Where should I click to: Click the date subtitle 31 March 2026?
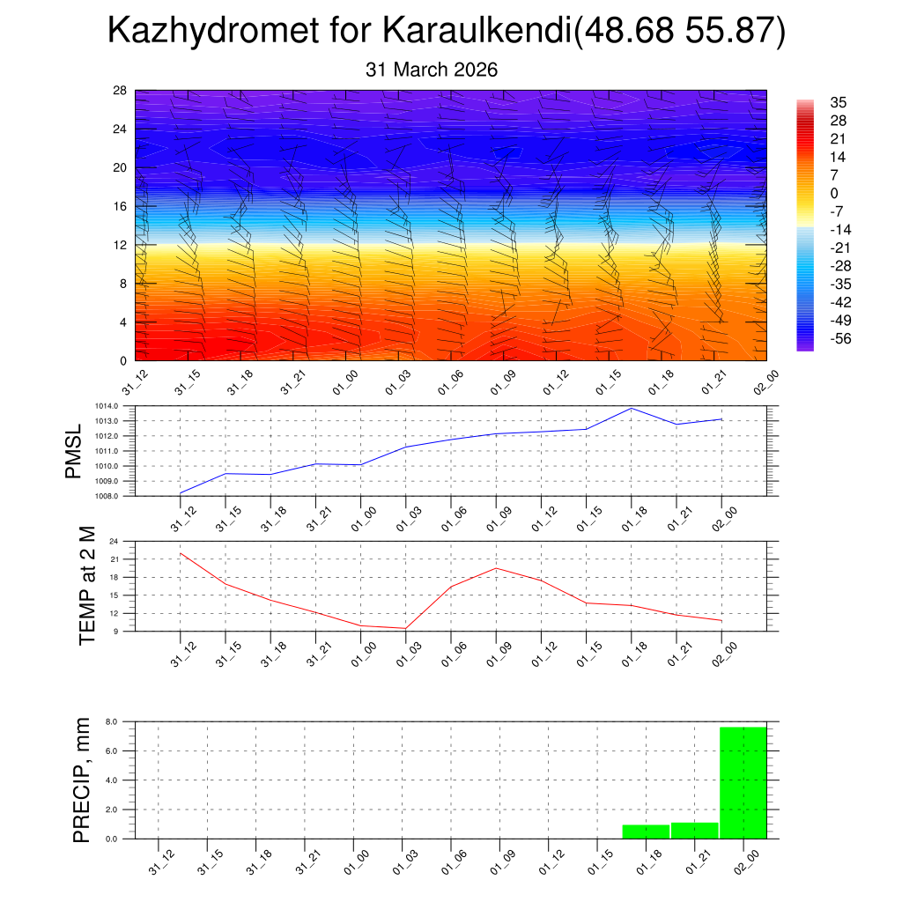click(432, 70)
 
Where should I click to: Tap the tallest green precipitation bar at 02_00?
click(743, 782)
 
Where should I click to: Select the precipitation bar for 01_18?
click(646, 832)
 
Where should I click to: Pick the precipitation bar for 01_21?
click(694, 831)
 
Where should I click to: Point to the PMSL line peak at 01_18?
click(632, 408)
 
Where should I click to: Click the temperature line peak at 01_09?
click(496, 568)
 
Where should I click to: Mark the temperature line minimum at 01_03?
click(405, 628)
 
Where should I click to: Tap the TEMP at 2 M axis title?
click(86, 587)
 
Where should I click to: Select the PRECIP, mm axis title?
click(82, 780)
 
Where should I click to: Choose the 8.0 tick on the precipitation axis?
click(112, 721)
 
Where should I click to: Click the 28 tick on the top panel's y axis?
click(120, 90)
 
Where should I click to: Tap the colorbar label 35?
click(839, 102)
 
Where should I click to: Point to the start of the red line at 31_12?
click(181, 553)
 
